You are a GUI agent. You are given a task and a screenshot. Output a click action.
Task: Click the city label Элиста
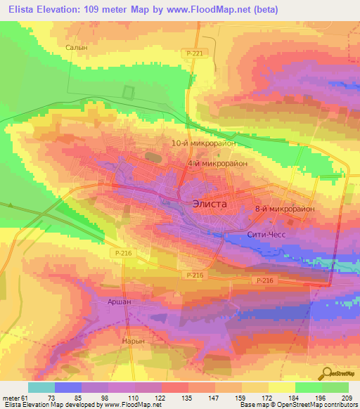210,203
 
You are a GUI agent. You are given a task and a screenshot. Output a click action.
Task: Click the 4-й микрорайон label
218,163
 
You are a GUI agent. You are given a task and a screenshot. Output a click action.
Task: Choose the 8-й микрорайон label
285,209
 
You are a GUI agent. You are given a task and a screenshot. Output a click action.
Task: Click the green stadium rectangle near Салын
129,93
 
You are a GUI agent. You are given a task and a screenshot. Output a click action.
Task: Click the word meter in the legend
9,397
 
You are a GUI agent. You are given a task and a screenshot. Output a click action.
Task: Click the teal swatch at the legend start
41,387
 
